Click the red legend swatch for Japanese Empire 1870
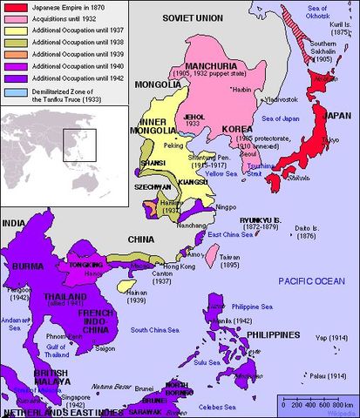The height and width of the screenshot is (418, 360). point(10,7)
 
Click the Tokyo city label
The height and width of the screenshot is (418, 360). point(305,140)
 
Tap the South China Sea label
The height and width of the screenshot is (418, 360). point(154,330)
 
